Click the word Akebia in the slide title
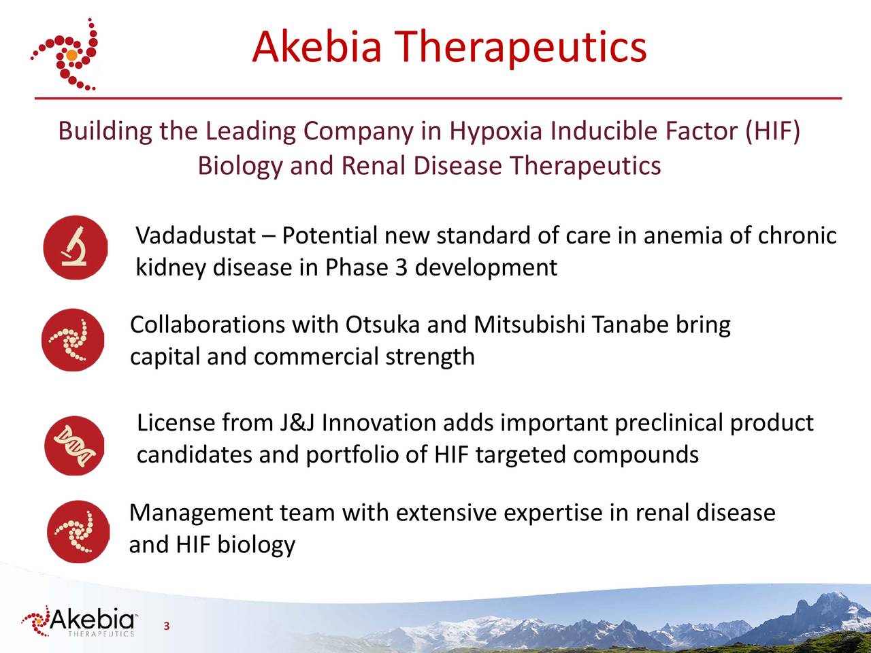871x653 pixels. [x=316, y=48]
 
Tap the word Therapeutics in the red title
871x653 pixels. [x=521, y=48]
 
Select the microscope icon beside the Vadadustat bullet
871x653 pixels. [x=75, y=248]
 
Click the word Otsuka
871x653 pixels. [x=382, y=325]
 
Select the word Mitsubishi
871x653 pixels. [x=529, y=325]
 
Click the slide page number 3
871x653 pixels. [x=166, y=626]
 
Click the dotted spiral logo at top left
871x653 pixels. [x=65, y=54]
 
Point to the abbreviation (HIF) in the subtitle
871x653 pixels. [x=772, y=131]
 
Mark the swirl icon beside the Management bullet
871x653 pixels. [x=77, y=531]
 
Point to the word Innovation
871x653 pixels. [x=378, y=423]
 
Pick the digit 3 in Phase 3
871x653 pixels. [x=401, y=267]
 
